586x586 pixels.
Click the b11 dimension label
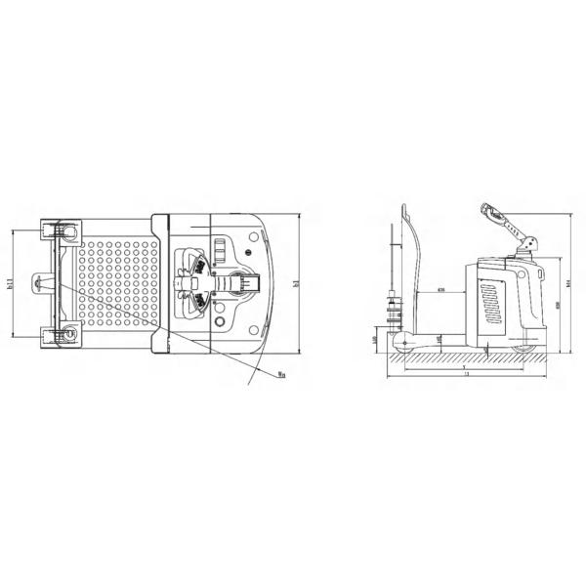pos(10,284)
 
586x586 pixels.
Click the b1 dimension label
pos(294,284)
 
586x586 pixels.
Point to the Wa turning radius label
pos(280,371)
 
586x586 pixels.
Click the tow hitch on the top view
pos(42,284)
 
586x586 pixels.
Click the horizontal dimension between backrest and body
pos(441,291)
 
